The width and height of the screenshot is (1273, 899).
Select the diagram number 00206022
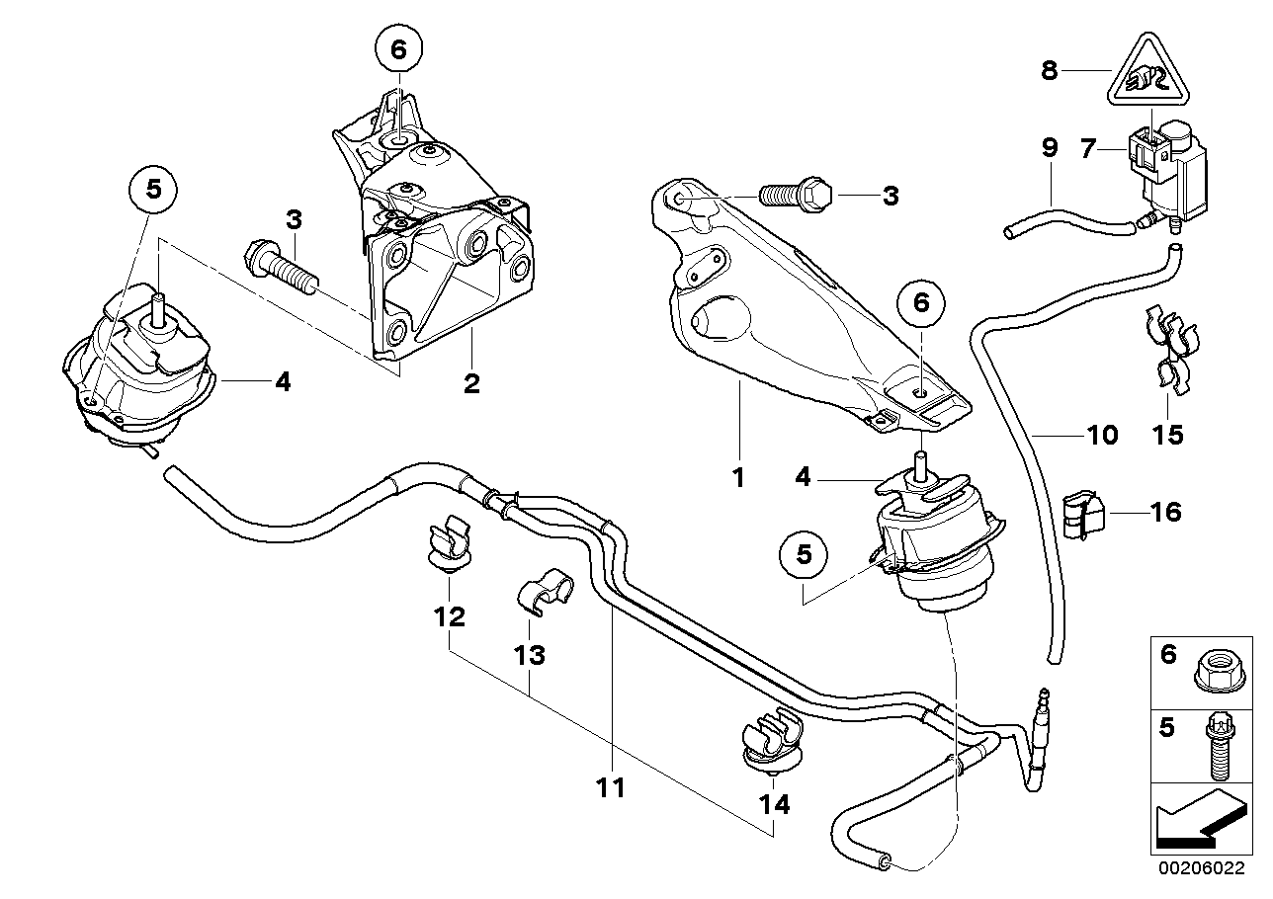pos(1203,870)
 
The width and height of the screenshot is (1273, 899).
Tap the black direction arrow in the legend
pos(1198,821)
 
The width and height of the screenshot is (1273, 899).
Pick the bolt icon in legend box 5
pos(1215,742)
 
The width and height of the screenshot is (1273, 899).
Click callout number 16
pos(1166,512)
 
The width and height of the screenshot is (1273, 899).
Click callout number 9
pos(1049,148)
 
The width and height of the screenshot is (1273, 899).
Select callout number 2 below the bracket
pos(471,382)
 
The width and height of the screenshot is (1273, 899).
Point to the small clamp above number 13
pos(541,591)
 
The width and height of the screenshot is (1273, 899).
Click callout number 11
pos(611,787)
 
